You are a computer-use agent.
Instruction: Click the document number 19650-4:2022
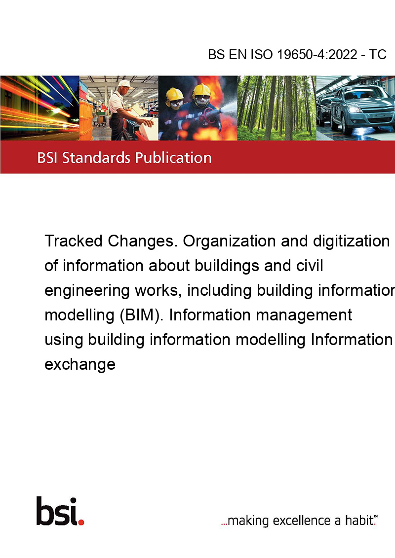(x=317, y=54)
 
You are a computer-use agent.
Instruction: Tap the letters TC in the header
(x=378, y=54)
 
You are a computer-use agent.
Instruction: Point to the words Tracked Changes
(x=110, y=241)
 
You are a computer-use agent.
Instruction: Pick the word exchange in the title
(x=80, y=365)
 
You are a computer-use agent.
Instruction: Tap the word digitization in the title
(x=351, y=242)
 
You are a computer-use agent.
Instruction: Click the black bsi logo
(x=57, y=511)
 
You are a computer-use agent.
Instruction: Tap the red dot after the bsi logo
(x=81, y=522)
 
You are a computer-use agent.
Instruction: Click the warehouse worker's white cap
(x=125, y=84)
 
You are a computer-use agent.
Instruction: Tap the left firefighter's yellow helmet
(x=175, y=95)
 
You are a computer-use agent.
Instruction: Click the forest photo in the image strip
(x=276, y=108)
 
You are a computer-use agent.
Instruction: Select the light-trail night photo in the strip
(x=39, y=108)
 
